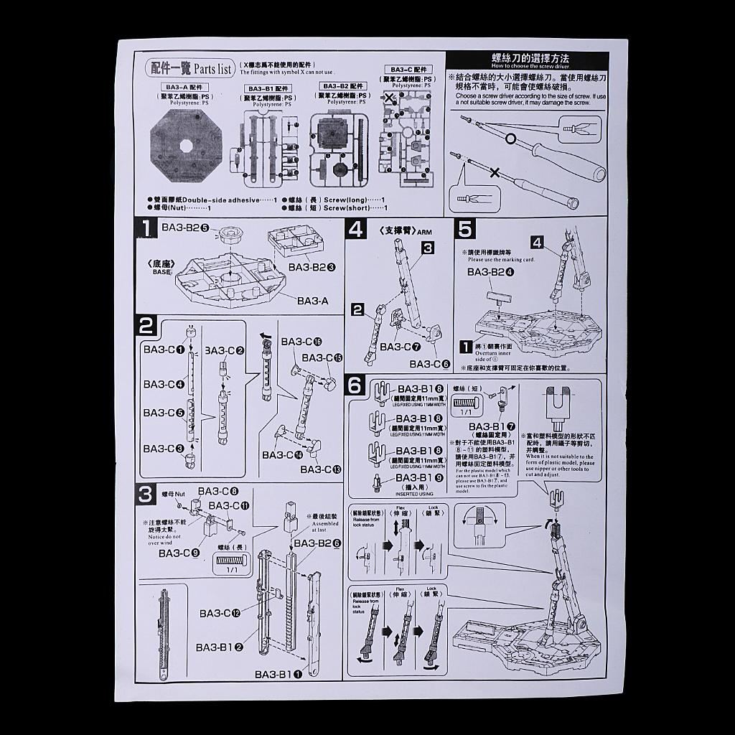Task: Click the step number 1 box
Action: [146, 229]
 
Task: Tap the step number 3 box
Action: [146, 494]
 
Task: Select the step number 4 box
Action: [356, 230]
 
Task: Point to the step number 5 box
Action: [465, 230]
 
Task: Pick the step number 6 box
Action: [356, 385]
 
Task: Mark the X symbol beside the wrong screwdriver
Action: [495, 172]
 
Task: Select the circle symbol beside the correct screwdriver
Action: [510, 138]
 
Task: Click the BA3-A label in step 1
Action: [312, 301]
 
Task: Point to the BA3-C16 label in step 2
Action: [301, 342]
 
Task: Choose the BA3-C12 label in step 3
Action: [220, 613]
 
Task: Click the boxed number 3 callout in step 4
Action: [427, 248]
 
